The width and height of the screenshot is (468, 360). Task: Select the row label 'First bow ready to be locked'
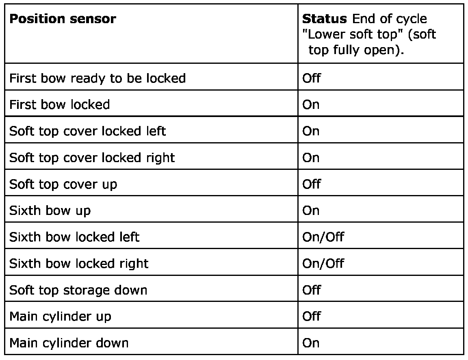coord(97,78)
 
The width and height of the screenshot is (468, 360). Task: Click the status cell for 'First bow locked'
coord(311,104)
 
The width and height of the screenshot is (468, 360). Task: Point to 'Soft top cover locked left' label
coord(87,131)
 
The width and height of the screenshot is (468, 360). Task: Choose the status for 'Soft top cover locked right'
coord(311,158)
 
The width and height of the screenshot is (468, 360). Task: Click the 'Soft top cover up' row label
coord(63,184)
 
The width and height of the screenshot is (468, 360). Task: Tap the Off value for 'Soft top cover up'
coord(312,184)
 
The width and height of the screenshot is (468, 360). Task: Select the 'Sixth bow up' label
coord(50,210)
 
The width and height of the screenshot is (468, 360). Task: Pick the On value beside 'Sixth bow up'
coord(311,210)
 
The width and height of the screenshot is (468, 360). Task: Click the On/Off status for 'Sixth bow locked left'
coord(323,237)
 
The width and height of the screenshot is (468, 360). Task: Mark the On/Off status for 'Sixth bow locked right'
coord(323,263)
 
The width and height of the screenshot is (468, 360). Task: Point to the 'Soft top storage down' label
coord(78,290)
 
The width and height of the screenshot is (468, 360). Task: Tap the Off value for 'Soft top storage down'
coord(312,290)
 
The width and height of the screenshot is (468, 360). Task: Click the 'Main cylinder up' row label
coord(60,317)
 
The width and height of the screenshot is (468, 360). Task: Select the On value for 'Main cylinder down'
coord(311,343)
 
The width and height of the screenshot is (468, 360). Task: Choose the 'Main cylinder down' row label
coord(69,343)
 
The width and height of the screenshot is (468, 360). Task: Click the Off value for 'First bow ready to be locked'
coord(312,78)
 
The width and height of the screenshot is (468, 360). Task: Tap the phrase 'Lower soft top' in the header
coord(351,35)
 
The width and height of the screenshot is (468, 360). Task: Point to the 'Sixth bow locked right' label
coord(79,263)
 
